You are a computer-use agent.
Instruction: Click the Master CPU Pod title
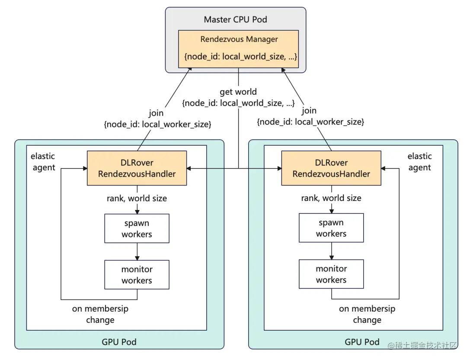pos(235,19)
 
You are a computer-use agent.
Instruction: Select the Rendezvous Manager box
pos(238,49)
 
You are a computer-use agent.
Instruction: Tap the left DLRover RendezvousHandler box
pos(137,168)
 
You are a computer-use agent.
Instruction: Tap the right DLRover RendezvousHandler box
pos(331,168)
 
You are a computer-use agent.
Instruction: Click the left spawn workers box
pos(137,228)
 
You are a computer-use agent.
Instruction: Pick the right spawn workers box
pos(331,228)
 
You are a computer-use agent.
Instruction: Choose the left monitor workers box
pos(137,274)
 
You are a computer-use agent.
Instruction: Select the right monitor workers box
pos(331,274)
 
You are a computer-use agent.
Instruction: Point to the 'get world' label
pos(238,92)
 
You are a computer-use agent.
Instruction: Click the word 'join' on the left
pos(156,113)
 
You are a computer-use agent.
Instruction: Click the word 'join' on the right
pos(309,111)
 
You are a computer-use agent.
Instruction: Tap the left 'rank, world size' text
pos(137,199)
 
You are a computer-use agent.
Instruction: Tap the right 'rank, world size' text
pos(331,198)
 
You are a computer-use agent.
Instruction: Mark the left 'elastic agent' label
pos(43,162)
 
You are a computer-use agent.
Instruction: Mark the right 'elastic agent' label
pos(419,162)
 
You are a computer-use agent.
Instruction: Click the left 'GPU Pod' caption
pos(119,342)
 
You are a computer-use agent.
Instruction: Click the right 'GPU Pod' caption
pos(362,342)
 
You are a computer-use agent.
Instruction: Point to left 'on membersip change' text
pos(100,314)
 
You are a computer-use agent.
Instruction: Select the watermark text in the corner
pos(422,345)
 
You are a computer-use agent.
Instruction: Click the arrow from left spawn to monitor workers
pos(137,252)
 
